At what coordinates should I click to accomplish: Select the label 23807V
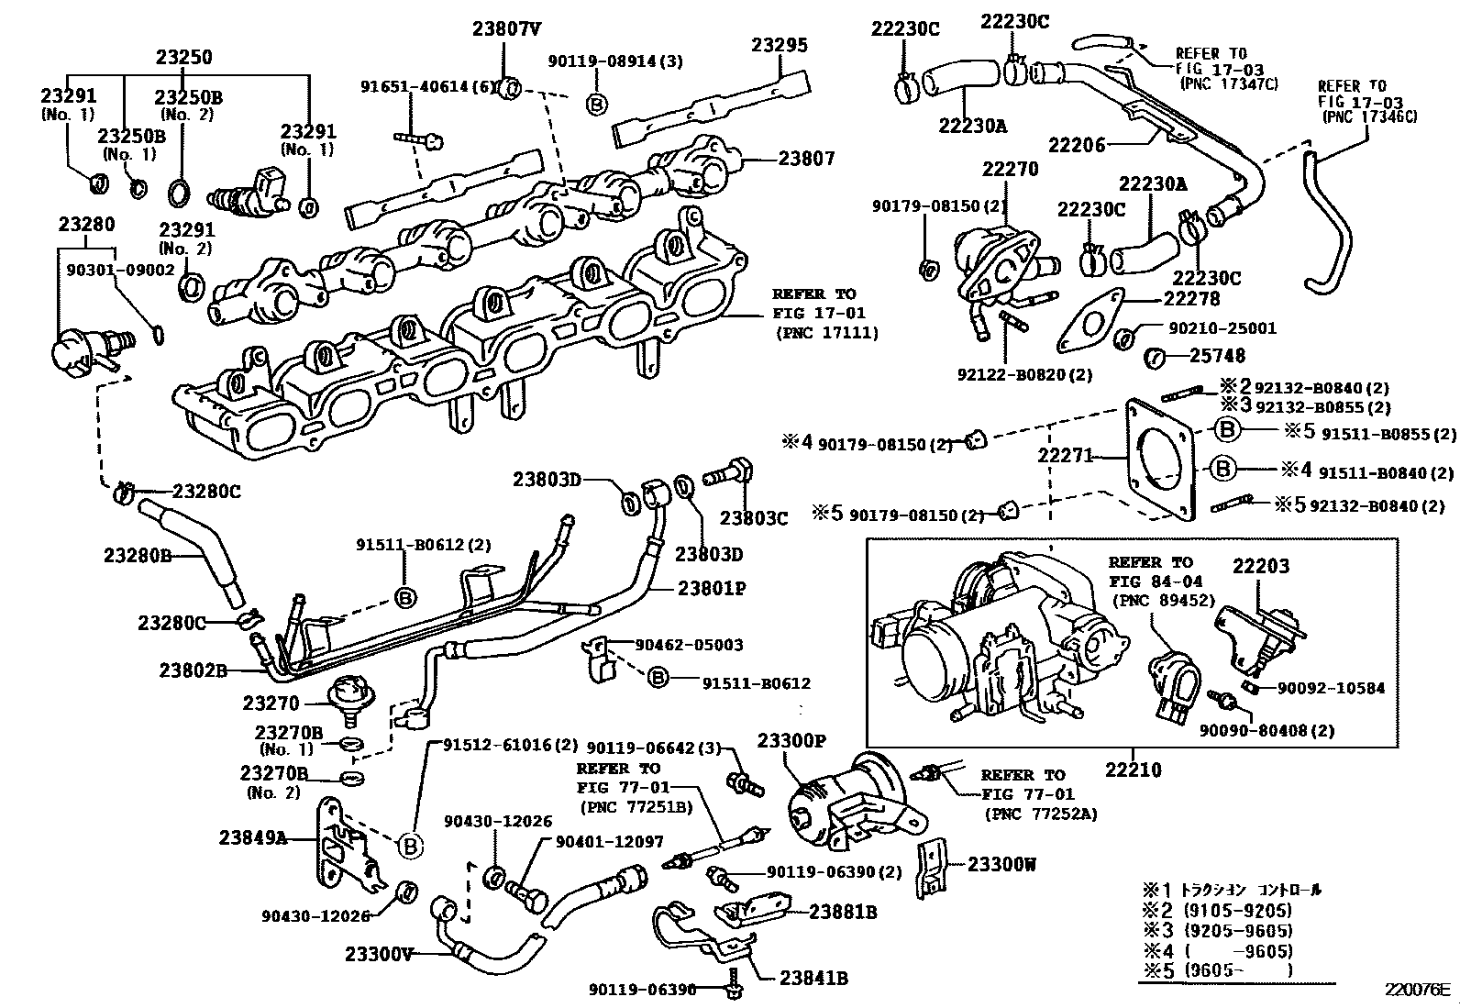[506, 28]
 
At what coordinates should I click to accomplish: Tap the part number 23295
[780, 45]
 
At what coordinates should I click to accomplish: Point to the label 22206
[1077, 144]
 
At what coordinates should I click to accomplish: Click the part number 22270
[1010, 169]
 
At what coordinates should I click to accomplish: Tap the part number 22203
[1260, 566]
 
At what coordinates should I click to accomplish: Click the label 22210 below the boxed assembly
[1133, 769]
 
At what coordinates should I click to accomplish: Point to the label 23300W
[1003, 864]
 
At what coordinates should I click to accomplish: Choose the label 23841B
[813, 978]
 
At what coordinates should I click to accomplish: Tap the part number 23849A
[252, 836]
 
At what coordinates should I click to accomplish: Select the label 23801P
[712, 588]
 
